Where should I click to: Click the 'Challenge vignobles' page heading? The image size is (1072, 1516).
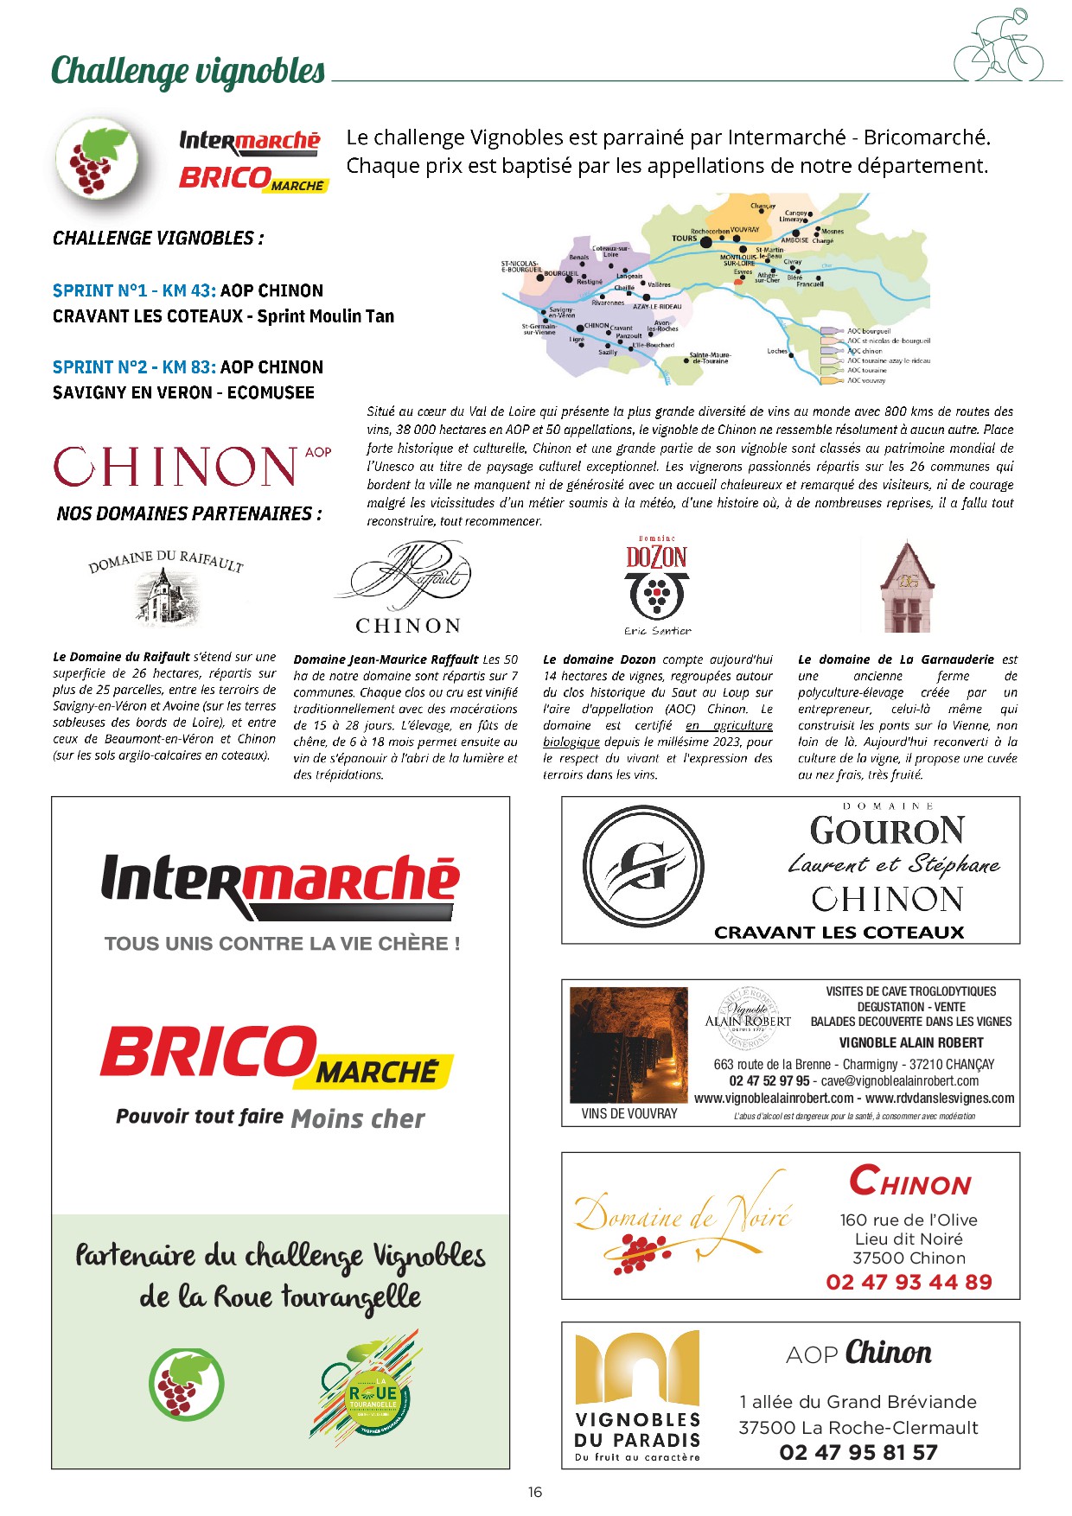pos(188,72)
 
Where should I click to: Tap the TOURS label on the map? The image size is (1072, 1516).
pos(684,239)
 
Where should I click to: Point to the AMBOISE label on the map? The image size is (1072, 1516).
pos(794,239)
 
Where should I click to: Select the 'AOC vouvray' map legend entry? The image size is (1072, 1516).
pos(866,380)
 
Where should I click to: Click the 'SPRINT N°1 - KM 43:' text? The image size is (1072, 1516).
pos(134,291)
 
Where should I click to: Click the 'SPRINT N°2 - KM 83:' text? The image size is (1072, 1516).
pos(134,367)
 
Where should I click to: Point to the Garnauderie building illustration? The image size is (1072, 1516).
pos(907,585)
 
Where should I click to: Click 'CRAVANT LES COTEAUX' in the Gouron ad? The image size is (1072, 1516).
pos(839,933)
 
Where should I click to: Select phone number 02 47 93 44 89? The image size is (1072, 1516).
pos(909,1282)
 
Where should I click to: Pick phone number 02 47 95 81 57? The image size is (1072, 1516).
pos(858,1452)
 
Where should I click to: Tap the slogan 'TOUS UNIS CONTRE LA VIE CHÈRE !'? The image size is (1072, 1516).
pos(282,944)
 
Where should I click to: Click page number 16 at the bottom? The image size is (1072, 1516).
pos(535,1492)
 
